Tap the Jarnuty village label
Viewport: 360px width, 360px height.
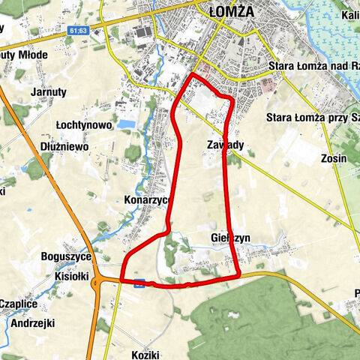(x=49, y=92)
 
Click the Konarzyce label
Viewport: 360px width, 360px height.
(x=148, y=201)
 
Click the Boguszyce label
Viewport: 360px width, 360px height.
(x=66, y=256)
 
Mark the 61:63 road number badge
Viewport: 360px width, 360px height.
(x=77, y=31)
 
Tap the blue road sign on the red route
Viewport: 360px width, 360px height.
(x=139, y=283)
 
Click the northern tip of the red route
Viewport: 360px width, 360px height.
(x=193, y=75)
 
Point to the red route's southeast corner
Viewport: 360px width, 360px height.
(x=238, y=275)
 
